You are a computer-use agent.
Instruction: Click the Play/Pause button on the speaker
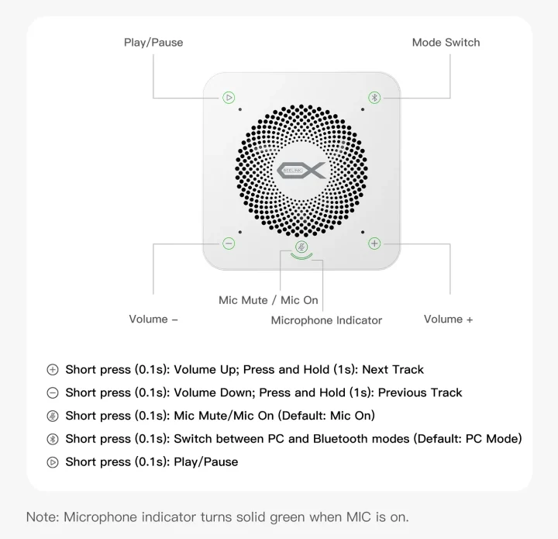click(229, 98)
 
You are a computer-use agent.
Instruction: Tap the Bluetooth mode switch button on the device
click(374, 98)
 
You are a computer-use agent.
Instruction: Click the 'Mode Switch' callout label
click(446, 43)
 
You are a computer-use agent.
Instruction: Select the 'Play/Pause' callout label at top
click(153, 43)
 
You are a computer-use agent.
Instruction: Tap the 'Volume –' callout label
click(153, 319)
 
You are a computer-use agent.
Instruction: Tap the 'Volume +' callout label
click(448, 319)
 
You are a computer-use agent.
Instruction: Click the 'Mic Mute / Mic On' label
click(268, 300)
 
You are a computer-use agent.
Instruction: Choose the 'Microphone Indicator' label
click(326, 320)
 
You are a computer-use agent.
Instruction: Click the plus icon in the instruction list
click(53, 369)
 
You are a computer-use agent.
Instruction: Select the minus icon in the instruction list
click(53, 392)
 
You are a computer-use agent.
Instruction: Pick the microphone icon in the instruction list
click(53, 416)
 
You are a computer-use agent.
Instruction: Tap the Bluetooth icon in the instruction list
click(53, 439)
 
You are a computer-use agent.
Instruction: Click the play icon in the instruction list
click(53, 462)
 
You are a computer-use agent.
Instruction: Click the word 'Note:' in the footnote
click(43, 517)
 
